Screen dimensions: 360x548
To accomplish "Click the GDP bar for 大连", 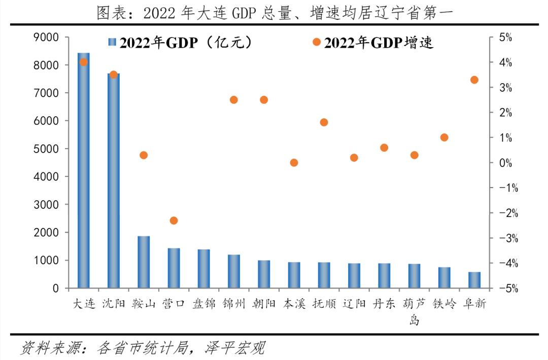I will pyautogui.click(x=84, y=170).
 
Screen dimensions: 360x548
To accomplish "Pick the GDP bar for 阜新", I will pyautogui.click(x=474, y=280).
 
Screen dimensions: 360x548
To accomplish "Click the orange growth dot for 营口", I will pyautogui.click(x=174, y=221).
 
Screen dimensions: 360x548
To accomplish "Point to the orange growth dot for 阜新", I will pyautogui.click(x=474, y=80).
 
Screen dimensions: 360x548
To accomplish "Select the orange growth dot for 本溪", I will pyautogui.click(x=294, y=163).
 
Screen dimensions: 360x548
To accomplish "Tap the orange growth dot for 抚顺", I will pyautogui.click(x=324, y=122).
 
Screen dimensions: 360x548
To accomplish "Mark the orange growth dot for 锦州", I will pyautogui.click(x=234, y=100).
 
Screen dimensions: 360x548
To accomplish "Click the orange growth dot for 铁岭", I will pyautogui.click(x=444, y=137).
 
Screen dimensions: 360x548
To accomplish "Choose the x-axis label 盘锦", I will pyautogui.click(x=204, y=304).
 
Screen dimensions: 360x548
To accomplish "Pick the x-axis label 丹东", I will pyautogui.click(x=384, y=304).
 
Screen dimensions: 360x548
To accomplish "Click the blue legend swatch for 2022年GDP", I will pyautogui.click(x=113, y=43).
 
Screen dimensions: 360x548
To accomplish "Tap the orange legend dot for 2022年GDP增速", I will pyautogui.click(x=317, y=42).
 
